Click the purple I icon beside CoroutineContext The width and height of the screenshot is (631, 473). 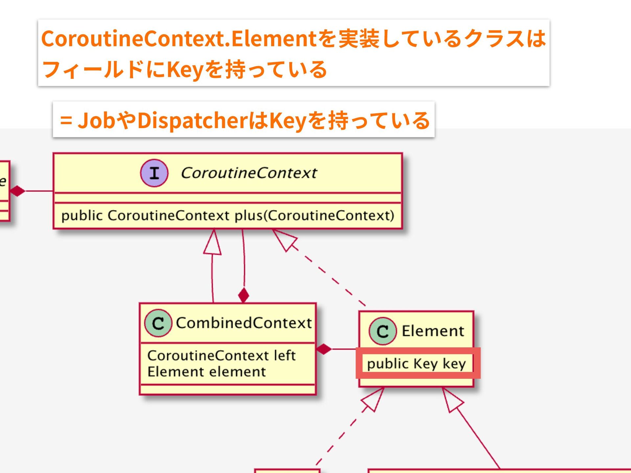tap(154, 173)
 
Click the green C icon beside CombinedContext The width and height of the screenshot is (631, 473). tap(158, 323)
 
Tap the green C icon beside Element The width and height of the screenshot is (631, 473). tap(382, 331)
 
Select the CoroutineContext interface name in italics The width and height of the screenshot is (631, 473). tap(249, 173)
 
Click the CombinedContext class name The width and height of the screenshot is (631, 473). tap(244, 323)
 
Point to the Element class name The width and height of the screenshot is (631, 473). tap(433, 331)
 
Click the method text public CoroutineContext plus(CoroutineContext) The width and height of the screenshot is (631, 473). tap(227, 215)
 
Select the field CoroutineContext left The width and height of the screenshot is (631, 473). tap(221, 355)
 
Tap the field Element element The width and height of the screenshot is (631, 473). tap(206, 372)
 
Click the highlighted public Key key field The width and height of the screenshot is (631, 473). tap(416, 364)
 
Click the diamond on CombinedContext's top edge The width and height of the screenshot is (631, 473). tap(244, 295)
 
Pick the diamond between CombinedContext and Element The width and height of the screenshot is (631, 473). tap(324, 349)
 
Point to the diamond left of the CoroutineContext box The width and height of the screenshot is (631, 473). tap(17, 191)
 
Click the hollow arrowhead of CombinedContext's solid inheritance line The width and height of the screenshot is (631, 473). tap(213, 243)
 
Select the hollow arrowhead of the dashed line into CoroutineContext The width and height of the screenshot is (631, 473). tap(285, 239)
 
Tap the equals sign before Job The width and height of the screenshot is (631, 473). tap(66, 121)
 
